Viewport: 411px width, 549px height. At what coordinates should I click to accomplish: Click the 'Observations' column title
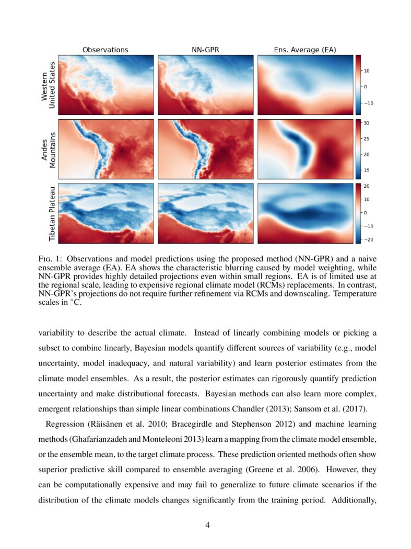[105, 50]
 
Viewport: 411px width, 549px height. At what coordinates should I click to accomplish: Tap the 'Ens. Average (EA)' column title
[305, 50]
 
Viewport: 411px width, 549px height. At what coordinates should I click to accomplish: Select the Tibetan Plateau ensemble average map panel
[305, 213]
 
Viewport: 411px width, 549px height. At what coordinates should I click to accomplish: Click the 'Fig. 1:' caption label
[50, 258]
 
